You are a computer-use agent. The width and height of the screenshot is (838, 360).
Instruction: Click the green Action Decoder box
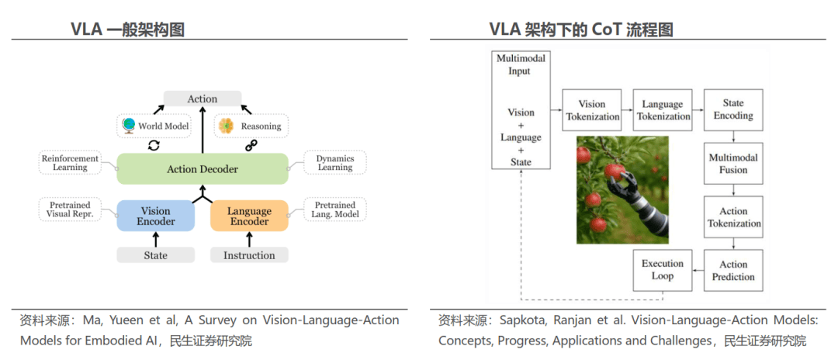pos(203,169)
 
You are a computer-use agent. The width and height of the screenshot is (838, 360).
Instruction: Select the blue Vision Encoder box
pos(156,216)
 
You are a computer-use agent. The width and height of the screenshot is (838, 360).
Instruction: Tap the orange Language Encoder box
pos(249,216)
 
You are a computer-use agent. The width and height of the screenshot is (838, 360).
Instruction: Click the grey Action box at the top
pos(203,99)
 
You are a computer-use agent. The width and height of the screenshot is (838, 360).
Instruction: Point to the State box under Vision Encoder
pos(156,255)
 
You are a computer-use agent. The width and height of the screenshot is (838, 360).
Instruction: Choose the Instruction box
pos(249,255)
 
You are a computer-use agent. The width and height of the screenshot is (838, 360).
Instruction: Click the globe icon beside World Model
pos(129,125)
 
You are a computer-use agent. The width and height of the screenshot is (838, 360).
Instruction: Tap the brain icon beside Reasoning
pos(226,125)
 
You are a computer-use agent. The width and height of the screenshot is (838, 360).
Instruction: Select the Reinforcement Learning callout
pos(70,162)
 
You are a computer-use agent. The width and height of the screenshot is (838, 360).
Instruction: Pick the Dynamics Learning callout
pos(334,162)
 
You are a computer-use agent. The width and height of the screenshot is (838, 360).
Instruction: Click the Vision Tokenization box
pos(593,110)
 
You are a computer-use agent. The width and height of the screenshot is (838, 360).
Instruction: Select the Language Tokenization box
pos(663,110)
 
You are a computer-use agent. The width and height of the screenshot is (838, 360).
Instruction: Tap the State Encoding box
pos(733,109)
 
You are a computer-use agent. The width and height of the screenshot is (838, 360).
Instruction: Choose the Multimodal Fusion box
pos(733,164)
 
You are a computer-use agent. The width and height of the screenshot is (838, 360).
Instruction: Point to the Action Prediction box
pos(733,271)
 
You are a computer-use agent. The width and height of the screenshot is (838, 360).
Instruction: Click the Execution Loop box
pos(663,270)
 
